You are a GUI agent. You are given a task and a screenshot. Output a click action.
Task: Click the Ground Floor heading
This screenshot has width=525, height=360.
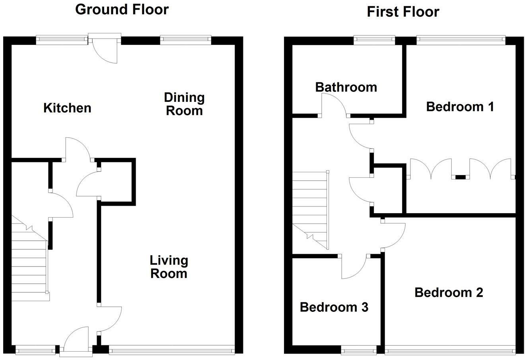[122, 9]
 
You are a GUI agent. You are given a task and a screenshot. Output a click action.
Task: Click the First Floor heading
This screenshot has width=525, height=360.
[402, 12]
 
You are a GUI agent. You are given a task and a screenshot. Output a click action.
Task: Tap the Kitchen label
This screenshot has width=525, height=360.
[67, 108]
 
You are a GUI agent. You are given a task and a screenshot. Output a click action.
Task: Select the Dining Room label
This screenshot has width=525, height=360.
[184, 104]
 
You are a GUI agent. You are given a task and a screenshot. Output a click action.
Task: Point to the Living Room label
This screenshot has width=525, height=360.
[169, 267]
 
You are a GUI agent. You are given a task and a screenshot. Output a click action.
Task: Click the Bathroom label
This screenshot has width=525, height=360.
[346, 87]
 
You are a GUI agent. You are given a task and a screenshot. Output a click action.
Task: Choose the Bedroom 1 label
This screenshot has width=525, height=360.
[460, 107]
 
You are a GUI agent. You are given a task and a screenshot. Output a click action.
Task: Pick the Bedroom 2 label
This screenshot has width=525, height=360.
[449, 292]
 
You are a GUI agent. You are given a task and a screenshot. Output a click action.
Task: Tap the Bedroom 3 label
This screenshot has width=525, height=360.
[334, 307]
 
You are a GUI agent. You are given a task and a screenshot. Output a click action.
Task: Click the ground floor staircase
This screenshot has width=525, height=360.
[29, 263]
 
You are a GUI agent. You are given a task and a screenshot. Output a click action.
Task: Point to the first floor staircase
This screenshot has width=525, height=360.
[310, 207]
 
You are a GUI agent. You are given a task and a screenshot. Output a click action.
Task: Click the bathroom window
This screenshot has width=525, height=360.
[374, 39]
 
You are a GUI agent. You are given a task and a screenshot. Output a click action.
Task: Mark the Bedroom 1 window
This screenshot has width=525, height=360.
[461, 39]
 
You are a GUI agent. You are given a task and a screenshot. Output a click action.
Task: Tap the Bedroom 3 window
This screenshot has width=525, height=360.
[359, 351]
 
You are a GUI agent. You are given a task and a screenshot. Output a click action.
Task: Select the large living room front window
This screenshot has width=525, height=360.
[171, 350]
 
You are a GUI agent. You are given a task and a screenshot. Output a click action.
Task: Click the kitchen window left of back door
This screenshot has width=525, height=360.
[61, 39]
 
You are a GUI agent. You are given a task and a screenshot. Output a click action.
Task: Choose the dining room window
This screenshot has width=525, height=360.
[185, 39]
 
